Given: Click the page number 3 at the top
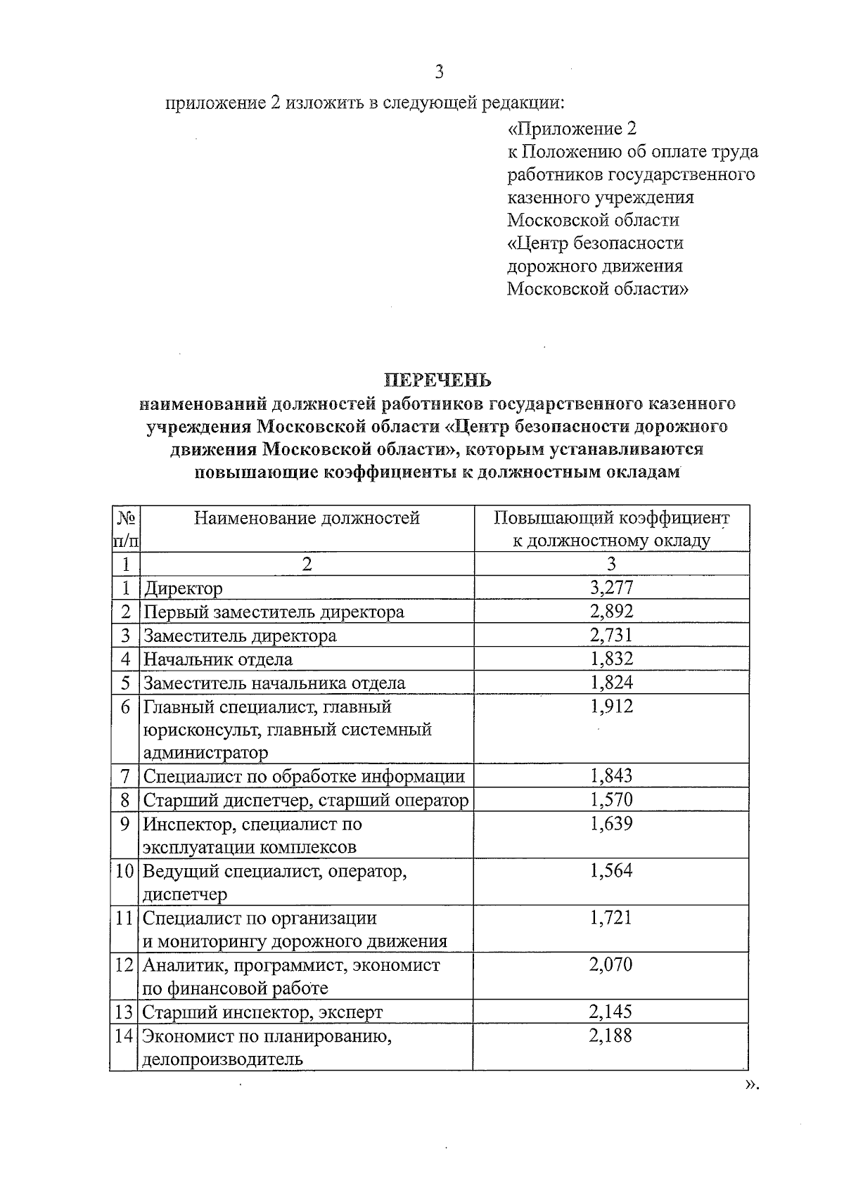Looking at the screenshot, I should pos(439,72).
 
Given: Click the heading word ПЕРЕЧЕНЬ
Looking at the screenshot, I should pos(437,380).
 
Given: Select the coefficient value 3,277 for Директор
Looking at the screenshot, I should pos(611,588).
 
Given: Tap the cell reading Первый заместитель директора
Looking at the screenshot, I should pos(274,612).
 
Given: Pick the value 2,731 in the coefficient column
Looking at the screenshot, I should pos(611,636).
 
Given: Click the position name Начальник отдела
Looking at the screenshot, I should pos(218,659).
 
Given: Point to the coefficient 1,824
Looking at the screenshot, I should pos(611,683).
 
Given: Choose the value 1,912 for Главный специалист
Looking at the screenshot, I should pos(611,707).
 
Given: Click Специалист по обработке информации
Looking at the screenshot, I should pos(304,777).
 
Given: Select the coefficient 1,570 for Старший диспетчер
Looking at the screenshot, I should pos(611,800).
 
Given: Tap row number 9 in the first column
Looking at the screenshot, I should pos(125,824).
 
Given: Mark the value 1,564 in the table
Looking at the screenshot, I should pos(611,871).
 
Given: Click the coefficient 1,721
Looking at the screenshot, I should pos(611,918).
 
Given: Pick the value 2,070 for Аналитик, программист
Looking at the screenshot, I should pos(611,965).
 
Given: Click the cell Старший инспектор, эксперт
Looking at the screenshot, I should pos(263,1012).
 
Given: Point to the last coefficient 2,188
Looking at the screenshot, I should pos(611,1036).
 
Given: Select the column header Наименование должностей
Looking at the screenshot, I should pos(307,518).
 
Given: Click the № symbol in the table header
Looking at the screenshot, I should pos(125,518).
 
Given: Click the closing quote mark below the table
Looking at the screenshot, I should pos(752,1105).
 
